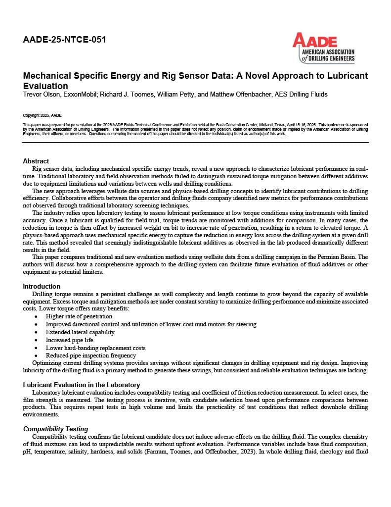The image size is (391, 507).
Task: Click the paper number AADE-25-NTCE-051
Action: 64,40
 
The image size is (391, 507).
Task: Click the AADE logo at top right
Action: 323,48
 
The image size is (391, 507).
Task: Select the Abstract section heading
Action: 36,161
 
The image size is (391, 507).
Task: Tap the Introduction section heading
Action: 42,286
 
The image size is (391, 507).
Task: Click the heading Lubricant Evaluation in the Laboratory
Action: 82,385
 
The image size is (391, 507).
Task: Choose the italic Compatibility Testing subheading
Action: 56,429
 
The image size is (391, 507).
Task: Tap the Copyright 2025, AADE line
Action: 43,115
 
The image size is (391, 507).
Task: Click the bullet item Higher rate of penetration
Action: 79,316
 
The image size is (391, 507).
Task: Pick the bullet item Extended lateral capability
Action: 80,332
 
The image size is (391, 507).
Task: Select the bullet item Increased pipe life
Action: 69,340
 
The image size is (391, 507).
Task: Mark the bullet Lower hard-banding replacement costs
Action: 95,348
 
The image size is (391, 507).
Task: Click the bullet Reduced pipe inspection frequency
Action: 91,355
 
